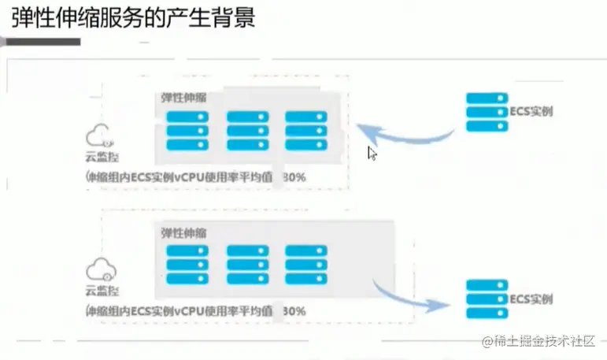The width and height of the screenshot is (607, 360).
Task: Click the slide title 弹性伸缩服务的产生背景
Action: [x=133, y=18]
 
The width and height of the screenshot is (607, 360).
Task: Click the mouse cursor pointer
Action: [x=372, y=153]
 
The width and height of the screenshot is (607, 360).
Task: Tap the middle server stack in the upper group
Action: [x=247, y=130]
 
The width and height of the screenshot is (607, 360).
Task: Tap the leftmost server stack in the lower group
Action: [x=187, y=265]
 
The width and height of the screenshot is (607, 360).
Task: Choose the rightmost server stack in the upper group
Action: [x=305, y=130]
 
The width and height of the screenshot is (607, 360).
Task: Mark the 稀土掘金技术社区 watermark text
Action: [x=542, y=341]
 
